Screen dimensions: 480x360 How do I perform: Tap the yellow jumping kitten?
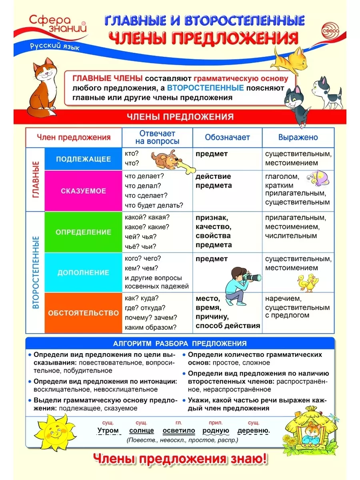pos(289,58)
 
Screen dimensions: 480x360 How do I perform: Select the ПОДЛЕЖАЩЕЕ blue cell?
pos(83,159)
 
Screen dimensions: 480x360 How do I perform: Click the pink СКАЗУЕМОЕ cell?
pos(83,191)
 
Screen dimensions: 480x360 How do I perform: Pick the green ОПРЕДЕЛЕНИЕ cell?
pos(83,232)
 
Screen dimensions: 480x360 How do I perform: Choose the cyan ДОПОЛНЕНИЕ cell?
pos(83,273)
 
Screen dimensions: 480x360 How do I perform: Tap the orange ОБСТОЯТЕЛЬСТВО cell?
pos(83,313)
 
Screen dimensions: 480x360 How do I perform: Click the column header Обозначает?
pos(227,137)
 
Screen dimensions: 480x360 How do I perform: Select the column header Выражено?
pos(298,137)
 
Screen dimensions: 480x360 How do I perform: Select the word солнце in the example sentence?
pos(142,431)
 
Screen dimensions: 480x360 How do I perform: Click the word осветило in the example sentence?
pos(179,431)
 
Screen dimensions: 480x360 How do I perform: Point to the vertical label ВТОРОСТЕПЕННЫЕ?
pos(36,272)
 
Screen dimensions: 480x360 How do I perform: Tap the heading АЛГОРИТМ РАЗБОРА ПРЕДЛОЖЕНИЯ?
pos(180,343)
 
